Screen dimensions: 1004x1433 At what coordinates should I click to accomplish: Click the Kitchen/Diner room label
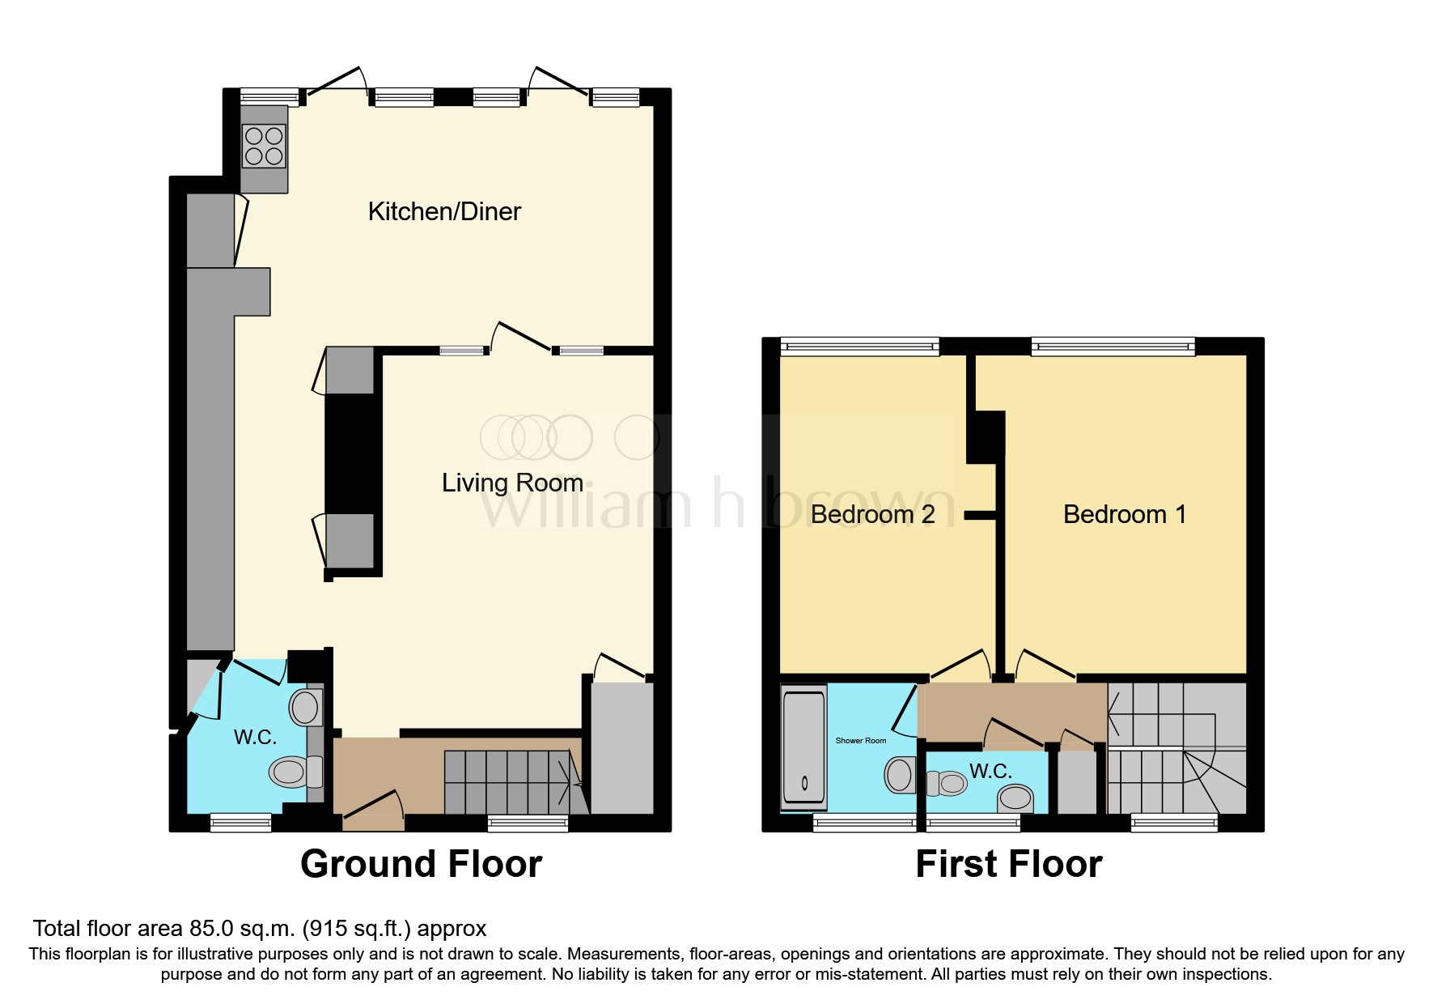click(x=444, y=212)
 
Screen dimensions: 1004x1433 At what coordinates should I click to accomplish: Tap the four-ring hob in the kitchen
click(x=264, y=147)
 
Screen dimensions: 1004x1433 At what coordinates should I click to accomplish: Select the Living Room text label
click(x=512, y=483)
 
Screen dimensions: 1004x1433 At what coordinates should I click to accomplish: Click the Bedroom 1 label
click(x=1124, y=515)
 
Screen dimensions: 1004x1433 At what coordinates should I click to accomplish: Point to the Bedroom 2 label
click(x=872, y=515)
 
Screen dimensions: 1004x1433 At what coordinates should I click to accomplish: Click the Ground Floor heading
click(x=421, y=864)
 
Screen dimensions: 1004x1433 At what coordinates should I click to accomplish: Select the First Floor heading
click(x=1008, y=864)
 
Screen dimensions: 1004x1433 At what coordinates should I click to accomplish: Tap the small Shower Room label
click(x=860, y=741)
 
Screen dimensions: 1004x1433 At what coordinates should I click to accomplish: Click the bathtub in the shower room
click(x=803, y=747)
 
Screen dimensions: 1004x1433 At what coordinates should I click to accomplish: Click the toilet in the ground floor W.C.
click(x=293, y=772)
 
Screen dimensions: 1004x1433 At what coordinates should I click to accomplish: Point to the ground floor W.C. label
click(x=255, y=738)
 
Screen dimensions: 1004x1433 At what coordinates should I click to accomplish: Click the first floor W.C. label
click(x=990, y=772)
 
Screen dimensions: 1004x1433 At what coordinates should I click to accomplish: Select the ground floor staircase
click(x=510, y=782)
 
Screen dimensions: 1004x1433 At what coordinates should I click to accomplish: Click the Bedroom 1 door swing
click(x=1044, y=664)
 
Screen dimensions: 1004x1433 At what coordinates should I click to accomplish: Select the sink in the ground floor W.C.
click(x=305, y=708)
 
